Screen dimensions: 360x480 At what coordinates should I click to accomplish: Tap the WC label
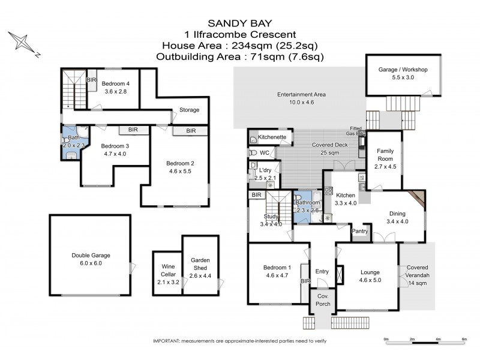pos(264,152)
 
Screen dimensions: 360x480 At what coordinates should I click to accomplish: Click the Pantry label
pos(359,230)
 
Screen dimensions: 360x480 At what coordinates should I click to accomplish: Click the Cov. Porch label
pos(323,300)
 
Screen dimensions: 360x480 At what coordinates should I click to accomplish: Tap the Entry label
pos(322,271)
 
